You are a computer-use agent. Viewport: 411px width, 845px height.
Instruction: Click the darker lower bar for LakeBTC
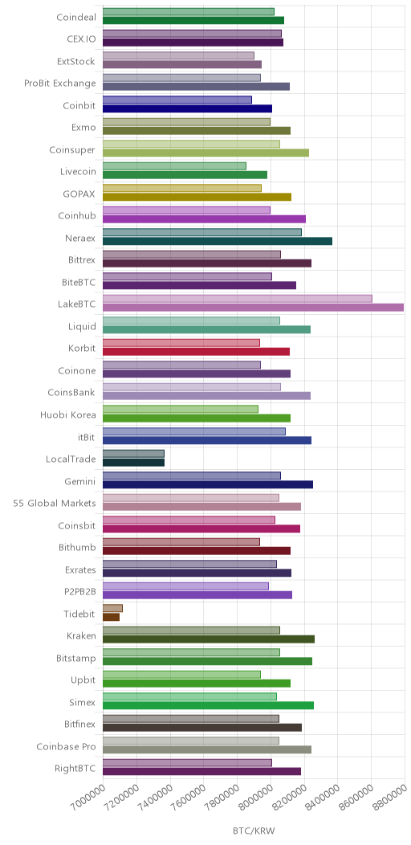[253, 307]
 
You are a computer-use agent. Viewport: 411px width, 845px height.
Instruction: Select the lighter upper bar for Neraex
[202, 232]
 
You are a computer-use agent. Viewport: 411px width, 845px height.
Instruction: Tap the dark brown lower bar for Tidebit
[111, 617]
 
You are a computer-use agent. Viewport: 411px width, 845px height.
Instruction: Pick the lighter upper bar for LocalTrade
[133, 454]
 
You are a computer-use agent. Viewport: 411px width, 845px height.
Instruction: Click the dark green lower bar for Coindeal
[193, 20]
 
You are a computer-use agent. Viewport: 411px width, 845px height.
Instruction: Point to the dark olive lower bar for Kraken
[209, 639]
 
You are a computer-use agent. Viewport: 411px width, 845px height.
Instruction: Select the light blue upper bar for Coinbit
[177, 100]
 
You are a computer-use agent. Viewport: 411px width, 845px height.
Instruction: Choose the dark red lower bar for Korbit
[196, 351]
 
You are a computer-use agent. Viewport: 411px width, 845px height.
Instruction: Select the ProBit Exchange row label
[60, 83]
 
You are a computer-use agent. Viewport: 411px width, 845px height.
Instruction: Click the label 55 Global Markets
[55, 504]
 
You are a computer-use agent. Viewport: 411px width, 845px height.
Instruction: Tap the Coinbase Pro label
[67, 746]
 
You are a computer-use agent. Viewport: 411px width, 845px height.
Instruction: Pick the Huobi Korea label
[68, 415]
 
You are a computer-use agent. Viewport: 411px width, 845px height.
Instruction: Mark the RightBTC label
[75, 769]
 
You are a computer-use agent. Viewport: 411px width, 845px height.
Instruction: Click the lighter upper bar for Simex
[189, 696]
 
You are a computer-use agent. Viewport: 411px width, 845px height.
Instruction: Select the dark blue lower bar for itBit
[207, 439]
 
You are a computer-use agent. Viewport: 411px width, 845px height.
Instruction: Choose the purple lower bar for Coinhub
[204, 218]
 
